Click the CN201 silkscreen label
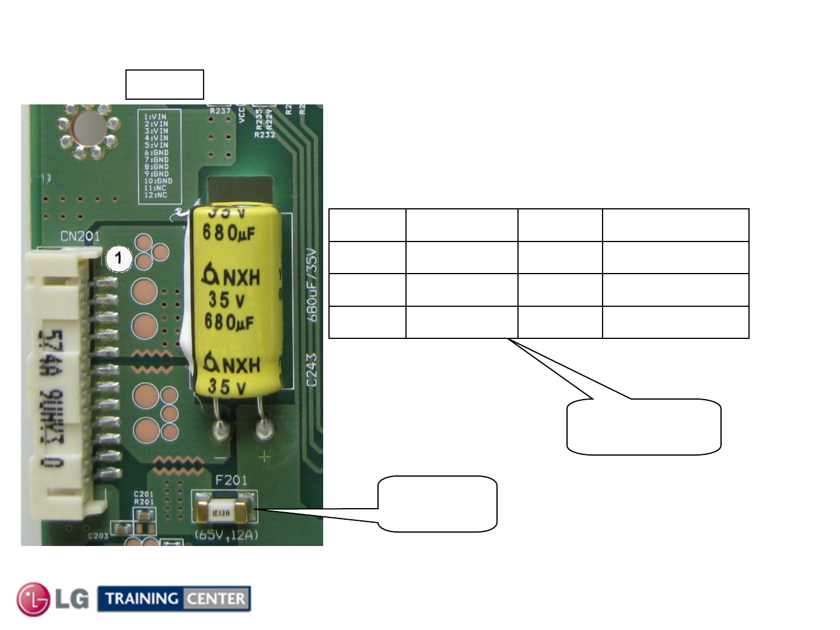(x=80, y=236)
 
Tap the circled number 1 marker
(x=118, y=258)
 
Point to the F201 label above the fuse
(x=231, y=480)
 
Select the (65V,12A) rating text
(x=226, y=535)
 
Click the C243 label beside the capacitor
(x=311, y=370)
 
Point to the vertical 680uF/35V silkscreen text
(x=313, y=285)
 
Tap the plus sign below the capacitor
(x=265, y=457)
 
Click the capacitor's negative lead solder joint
(x=220, y=431)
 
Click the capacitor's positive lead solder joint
(x=264, y=431)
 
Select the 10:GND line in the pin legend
(x=158, y=181)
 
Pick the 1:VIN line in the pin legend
(x=156, y=117)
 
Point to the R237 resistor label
(x=220, y=111)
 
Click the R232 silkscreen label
(x=264, y=135)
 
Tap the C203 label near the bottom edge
(x=98, y=535)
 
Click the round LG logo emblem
(x=33, y=598)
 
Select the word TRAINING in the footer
(x=142, y=598)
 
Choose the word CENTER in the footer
(x=216, y=598)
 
